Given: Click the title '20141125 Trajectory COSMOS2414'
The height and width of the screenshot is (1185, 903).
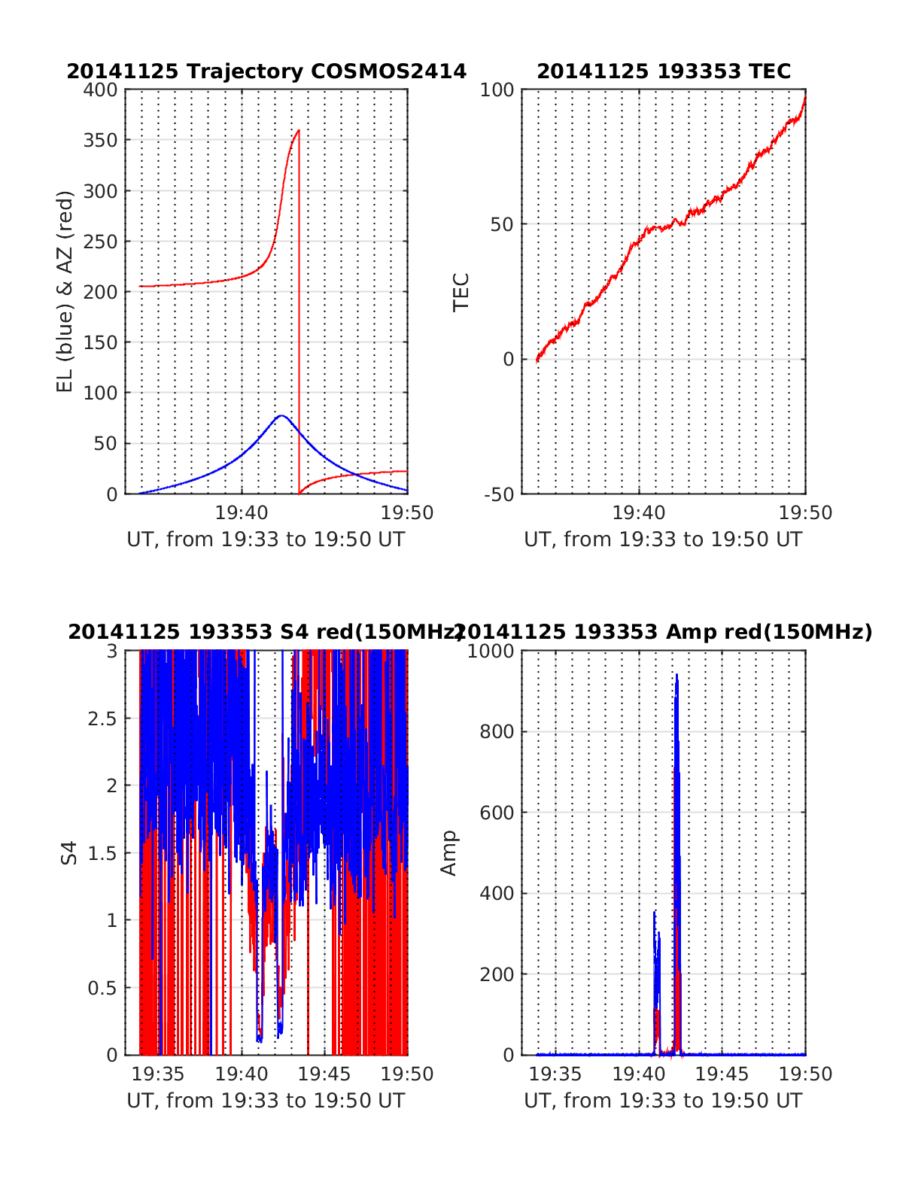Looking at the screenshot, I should (x=266, y=71).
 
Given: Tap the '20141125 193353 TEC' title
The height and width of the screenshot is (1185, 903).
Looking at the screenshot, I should (x=664, y=71).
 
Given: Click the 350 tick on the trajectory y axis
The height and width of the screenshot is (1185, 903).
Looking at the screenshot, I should (x=101, y=141).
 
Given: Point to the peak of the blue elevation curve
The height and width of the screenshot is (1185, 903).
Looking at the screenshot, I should (x=281, y=415).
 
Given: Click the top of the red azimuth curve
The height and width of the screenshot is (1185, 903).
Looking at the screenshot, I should (x=299, y=131).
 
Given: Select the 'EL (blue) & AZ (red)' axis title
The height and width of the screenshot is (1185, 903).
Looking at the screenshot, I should (x=65, y=291).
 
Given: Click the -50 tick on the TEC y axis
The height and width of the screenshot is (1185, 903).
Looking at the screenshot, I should (x=497, y=494).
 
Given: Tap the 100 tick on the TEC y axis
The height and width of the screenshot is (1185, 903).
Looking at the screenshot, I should (x=497, y=90).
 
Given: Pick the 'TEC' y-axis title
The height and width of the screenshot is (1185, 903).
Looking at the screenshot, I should (x=461, y=292).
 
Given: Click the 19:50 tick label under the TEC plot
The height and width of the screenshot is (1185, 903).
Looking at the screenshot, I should (x=805, y=513).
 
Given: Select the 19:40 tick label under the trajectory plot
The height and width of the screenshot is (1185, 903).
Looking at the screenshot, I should (x=242, y=513).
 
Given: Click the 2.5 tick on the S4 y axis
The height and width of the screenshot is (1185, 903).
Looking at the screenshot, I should (x=102, y=719).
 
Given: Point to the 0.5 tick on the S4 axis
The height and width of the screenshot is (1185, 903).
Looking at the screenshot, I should (x=102, y=988).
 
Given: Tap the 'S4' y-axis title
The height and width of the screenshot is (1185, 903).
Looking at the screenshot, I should (x=68, y=853).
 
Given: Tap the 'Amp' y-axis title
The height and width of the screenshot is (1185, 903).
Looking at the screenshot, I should (x=448, y=853).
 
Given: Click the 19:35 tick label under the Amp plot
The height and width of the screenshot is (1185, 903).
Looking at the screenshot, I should (x=555, y=1074).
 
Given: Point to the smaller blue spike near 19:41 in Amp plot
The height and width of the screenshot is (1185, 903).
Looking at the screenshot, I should (x=655, y=914).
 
